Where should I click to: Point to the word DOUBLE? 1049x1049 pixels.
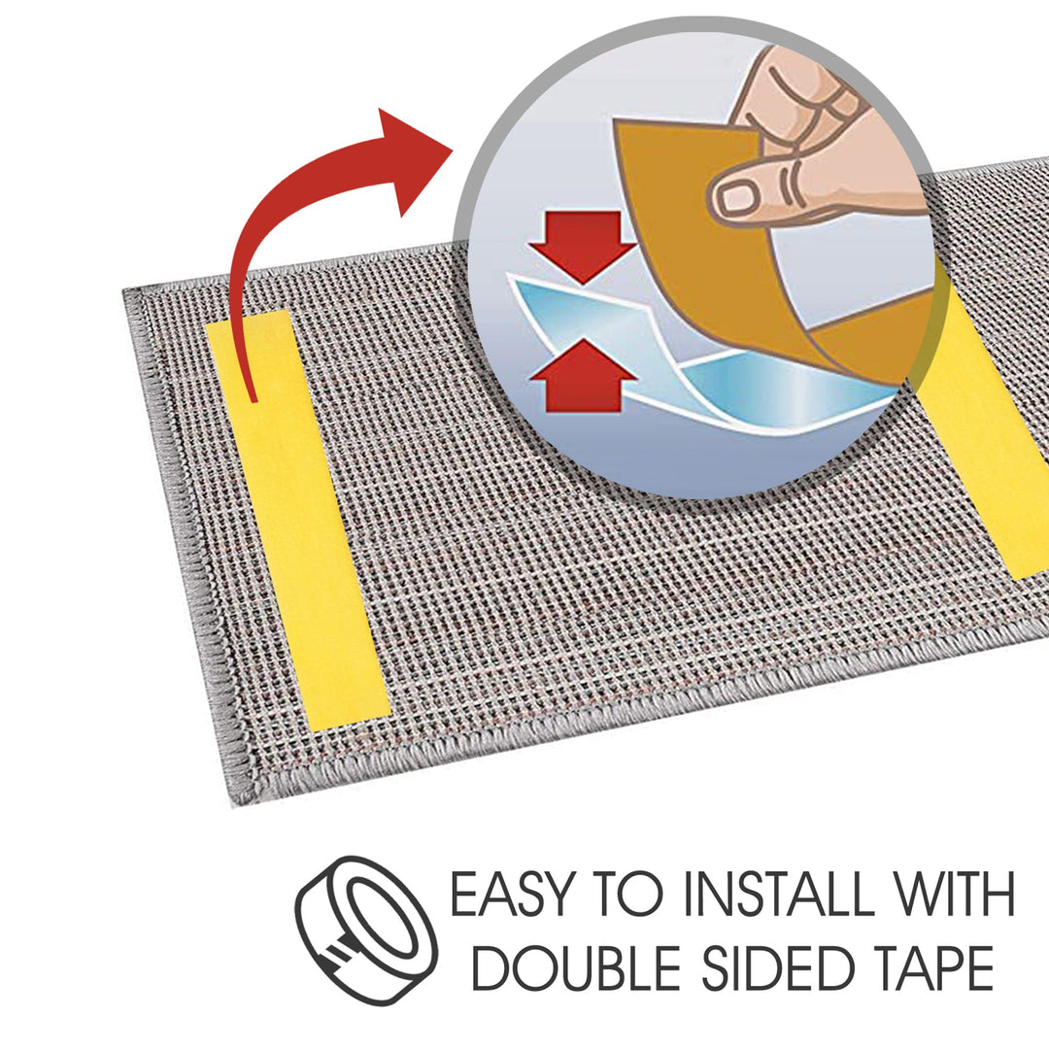coord(576,967)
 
